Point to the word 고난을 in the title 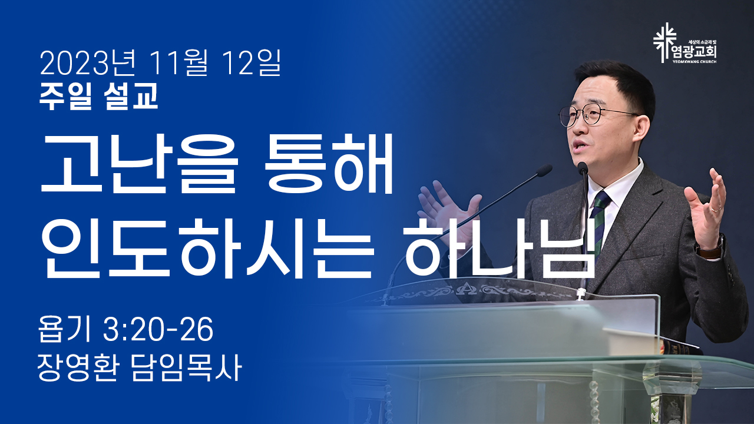point(138,164)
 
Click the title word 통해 point(328,163)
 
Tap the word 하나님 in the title point(495,249)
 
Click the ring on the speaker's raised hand point(716,209)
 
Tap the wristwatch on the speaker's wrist point(711,247)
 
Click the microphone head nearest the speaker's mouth point(583,168)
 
